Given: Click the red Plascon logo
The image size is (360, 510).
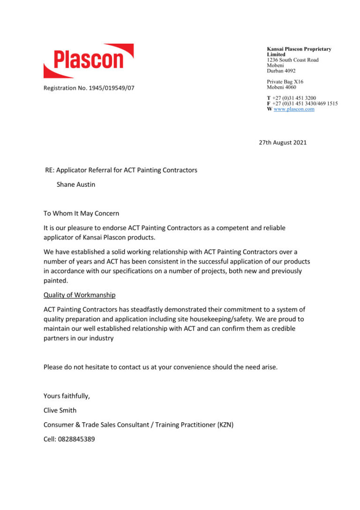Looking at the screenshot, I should point(89,61).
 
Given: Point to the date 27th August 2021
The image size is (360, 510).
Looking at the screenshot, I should point(283,142).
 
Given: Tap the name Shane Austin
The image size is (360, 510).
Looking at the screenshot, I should point(76,184).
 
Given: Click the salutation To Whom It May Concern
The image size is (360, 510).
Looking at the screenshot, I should point(81,213).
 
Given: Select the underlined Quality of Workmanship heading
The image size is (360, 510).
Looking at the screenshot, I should point(79,295).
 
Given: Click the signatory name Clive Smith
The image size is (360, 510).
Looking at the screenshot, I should point(60,410).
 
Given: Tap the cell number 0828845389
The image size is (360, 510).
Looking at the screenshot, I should point(71,439).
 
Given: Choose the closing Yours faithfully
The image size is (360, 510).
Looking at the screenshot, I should point(67,396).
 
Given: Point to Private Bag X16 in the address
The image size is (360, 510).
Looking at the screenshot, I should point(285,82).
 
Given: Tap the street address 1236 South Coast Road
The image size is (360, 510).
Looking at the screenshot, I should point(292,60).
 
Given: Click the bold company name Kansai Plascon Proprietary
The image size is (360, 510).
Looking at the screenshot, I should point(299,49).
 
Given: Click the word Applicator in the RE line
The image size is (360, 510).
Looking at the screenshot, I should point(73,170).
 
